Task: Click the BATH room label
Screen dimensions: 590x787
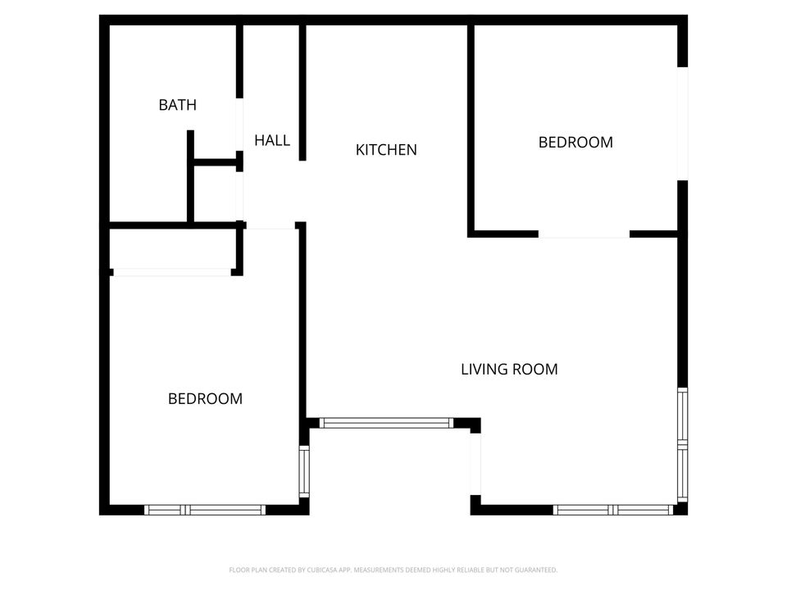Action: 177,105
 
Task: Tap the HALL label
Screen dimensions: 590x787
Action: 271,140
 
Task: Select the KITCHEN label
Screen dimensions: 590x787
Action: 386,150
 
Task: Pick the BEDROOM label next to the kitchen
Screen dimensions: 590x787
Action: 575,142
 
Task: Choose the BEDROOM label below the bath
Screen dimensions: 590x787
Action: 205,399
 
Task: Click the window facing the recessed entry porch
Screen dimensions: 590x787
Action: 385,424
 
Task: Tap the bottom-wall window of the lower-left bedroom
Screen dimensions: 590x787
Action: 205,510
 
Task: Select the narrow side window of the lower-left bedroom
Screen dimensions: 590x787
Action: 303,471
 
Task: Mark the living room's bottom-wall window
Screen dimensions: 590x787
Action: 613,510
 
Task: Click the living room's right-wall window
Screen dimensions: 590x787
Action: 682,445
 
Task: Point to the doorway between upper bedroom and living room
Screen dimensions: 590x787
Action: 584,235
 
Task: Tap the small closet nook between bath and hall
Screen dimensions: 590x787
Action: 215,193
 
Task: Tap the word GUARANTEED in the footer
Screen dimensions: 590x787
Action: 535,570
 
